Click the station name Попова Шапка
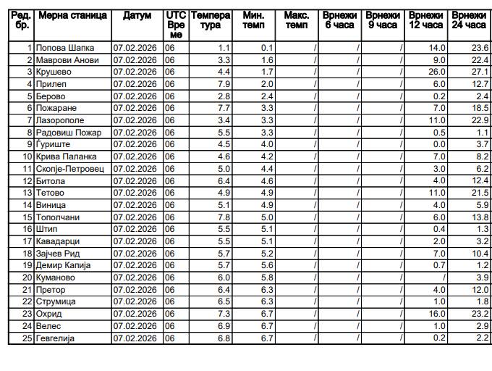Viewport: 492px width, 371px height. point(64,48)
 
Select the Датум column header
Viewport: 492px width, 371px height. point(137,15)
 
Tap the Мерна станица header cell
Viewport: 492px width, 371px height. point(72,15)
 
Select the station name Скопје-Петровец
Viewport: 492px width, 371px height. point(69,169)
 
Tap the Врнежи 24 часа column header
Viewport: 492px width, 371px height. point(469,20)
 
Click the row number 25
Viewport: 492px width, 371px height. point(27,338)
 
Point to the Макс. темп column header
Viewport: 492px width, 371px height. point(297,20)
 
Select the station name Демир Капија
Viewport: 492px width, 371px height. point(63,265)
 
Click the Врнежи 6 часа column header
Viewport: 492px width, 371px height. point(340,20)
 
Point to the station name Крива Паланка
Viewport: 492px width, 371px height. point(66,157)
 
